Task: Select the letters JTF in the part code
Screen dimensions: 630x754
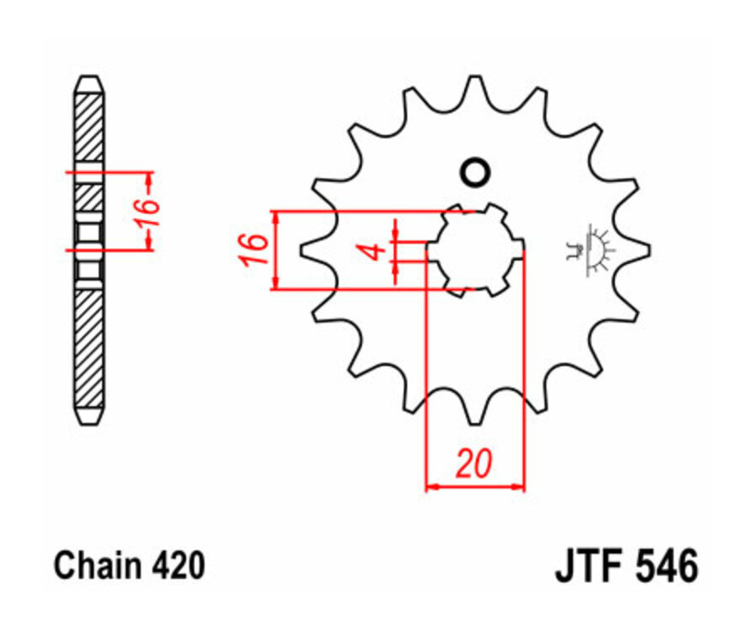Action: (x=587, y=567)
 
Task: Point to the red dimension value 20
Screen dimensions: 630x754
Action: (x=473, y=463)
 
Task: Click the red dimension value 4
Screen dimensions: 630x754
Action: (x=377, y=250)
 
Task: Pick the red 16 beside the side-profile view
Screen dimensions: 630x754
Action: (x=144, y=211)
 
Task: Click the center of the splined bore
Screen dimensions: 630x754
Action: (x=475, y=250)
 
